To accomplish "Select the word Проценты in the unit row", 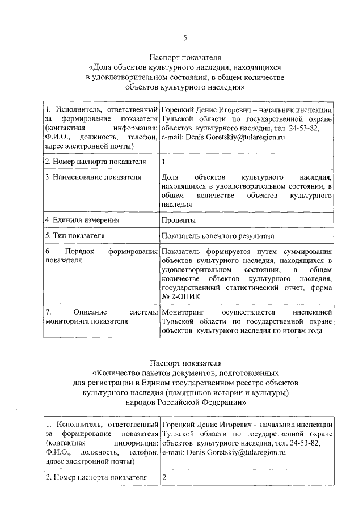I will point(179,220).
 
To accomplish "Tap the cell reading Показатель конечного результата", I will point(218,235).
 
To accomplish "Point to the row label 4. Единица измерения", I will point(82,220).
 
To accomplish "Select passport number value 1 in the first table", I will point(164,162).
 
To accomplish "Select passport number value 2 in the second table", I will point(164,478).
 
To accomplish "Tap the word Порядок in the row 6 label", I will point(79,251).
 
